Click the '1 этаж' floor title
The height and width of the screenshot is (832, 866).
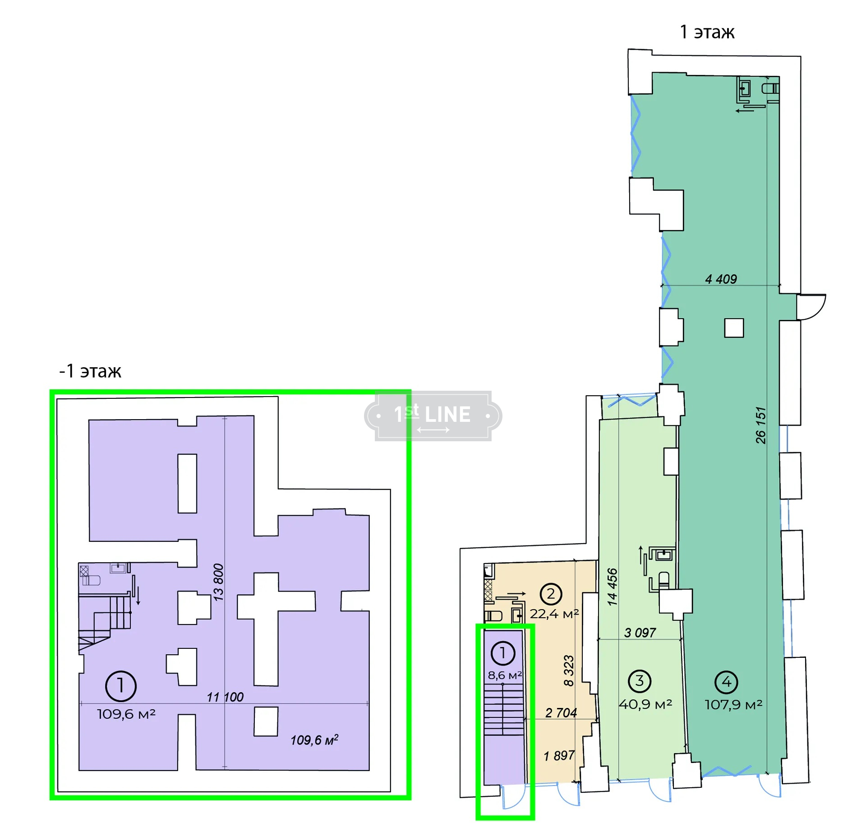[707, 32]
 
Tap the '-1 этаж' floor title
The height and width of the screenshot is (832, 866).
[90, 371]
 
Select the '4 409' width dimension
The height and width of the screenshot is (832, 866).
[721, 279]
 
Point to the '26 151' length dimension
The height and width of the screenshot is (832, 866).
[760, 425]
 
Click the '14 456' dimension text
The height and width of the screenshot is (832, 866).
[612, 587]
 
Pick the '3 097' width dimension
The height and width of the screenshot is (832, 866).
[640, 633]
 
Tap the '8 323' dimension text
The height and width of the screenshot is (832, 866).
[569, 670]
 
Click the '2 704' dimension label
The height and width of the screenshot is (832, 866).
[561, 713]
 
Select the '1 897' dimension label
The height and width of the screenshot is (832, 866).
[559, 756]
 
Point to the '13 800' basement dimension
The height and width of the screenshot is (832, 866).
[218, 582]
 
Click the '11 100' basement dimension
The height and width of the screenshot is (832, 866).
[225, 697]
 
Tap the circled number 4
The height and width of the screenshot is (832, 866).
[726, 682]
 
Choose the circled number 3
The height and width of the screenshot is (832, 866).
[640, 681]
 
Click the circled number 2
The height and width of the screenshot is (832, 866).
[551, 594]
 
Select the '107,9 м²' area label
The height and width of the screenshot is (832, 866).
[733, 705]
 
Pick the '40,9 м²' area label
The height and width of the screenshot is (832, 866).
[645, 704]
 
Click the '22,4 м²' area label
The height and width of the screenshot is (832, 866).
[554, 614]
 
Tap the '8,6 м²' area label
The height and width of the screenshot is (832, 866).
[505, 675]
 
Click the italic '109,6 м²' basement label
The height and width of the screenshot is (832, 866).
[314, 740]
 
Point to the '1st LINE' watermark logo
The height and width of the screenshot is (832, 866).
[433, 416]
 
